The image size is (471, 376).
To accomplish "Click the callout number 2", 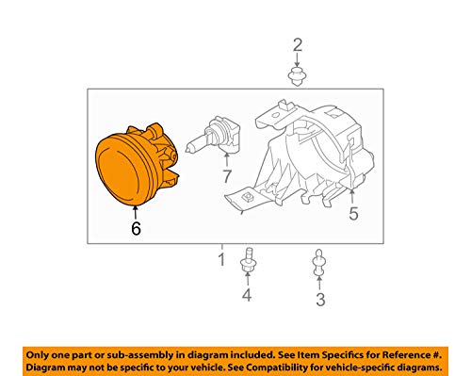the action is [x=298, y=45].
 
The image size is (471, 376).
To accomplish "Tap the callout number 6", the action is [x=136, y=228].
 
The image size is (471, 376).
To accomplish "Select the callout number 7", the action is [x=227, y=176].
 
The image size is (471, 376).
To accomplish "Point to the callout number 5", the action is [x=353, y=214].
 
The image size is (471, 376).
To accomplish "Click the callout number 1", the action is [x=221, y=259].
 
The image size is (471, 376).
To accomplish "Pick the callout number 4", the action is [x=247, y=295].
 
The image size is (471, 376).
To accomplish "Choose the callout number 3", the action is [x=320, y=300].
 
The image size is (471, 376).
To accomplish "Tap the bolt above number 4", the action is [x=248, y=259].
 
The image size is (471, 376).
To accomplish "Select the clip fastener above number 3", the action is [x=318, y=262].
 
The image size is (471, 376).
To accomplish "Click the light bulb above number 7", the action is [x=213, y=136].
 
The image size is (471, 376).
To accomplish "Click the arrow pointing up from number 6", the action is [x=136, y=212].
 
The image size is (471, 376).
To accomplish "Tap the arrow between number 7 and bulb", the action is [x=226, y=159].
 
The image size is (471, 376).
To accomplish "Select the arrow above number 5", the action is [x=352, y=196].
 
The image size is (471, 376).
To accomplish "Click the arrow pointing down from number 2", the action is [x=297, y=60].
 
